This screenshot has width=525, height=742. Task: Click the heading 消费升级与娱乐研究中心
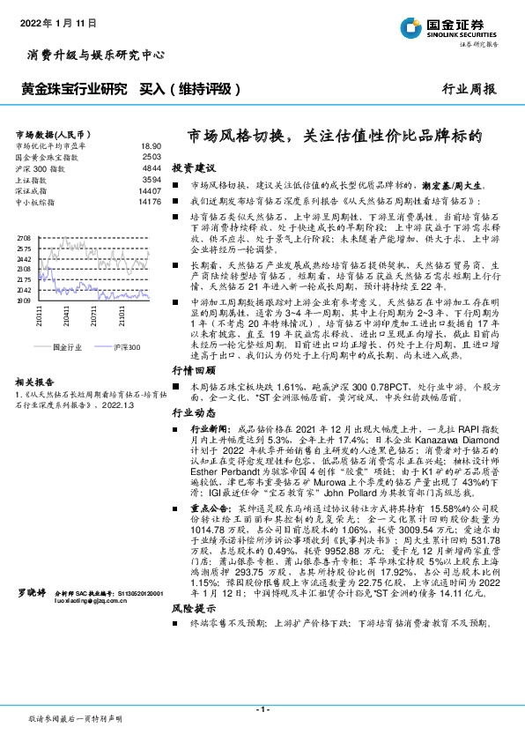pos(96,55)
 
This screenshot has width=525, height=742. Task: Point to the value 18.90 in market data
pos(150,145)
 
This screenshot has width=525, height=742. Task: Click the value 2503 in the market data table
pos(152,156)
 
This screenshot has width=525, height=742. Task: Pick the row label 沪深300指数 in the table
pos(40,167)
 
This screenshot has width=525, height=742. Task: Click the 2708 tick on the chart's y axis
pos(24,239)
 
